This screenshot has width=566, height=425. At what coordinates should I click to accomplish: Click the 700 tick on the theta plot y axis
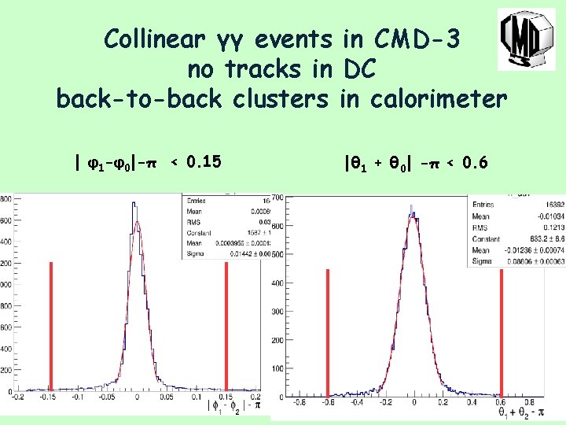[277, 198]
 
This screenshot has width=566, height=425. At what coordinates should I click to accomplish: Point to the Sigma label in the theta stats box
[482, 261]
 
